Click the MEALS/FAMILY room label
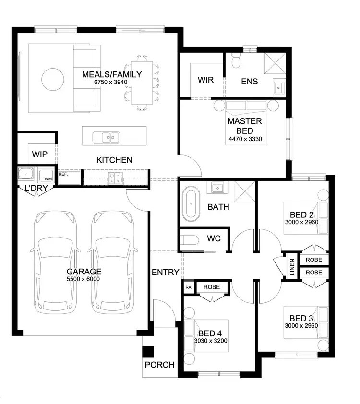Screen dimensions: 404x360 [x=112, y=74]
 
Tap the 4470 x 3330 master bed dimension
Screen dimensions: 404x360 [x=245, y=140]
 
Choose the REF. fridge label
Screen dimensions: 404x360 [x=64, y=174]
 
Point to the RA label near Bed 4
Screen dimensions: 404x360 [x=188, y=287]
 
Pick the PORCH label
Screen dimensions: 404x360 [x=159, y=365]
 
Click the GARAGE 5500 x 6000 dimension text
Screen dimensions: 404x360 [x=84, y=278]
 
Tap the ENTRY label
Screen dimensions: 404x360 [x=165, y=273]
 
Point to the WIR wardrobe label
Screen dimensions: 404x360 [x=205, y=80]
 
